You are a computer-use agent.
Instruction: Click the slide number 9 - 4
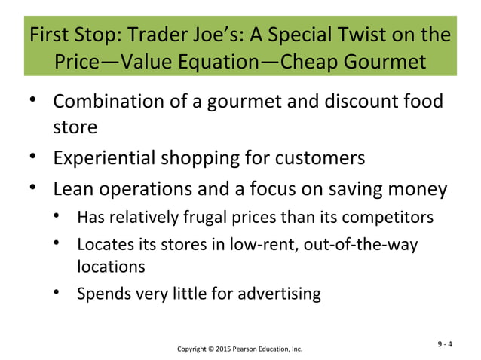click(x=445, y=346)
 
